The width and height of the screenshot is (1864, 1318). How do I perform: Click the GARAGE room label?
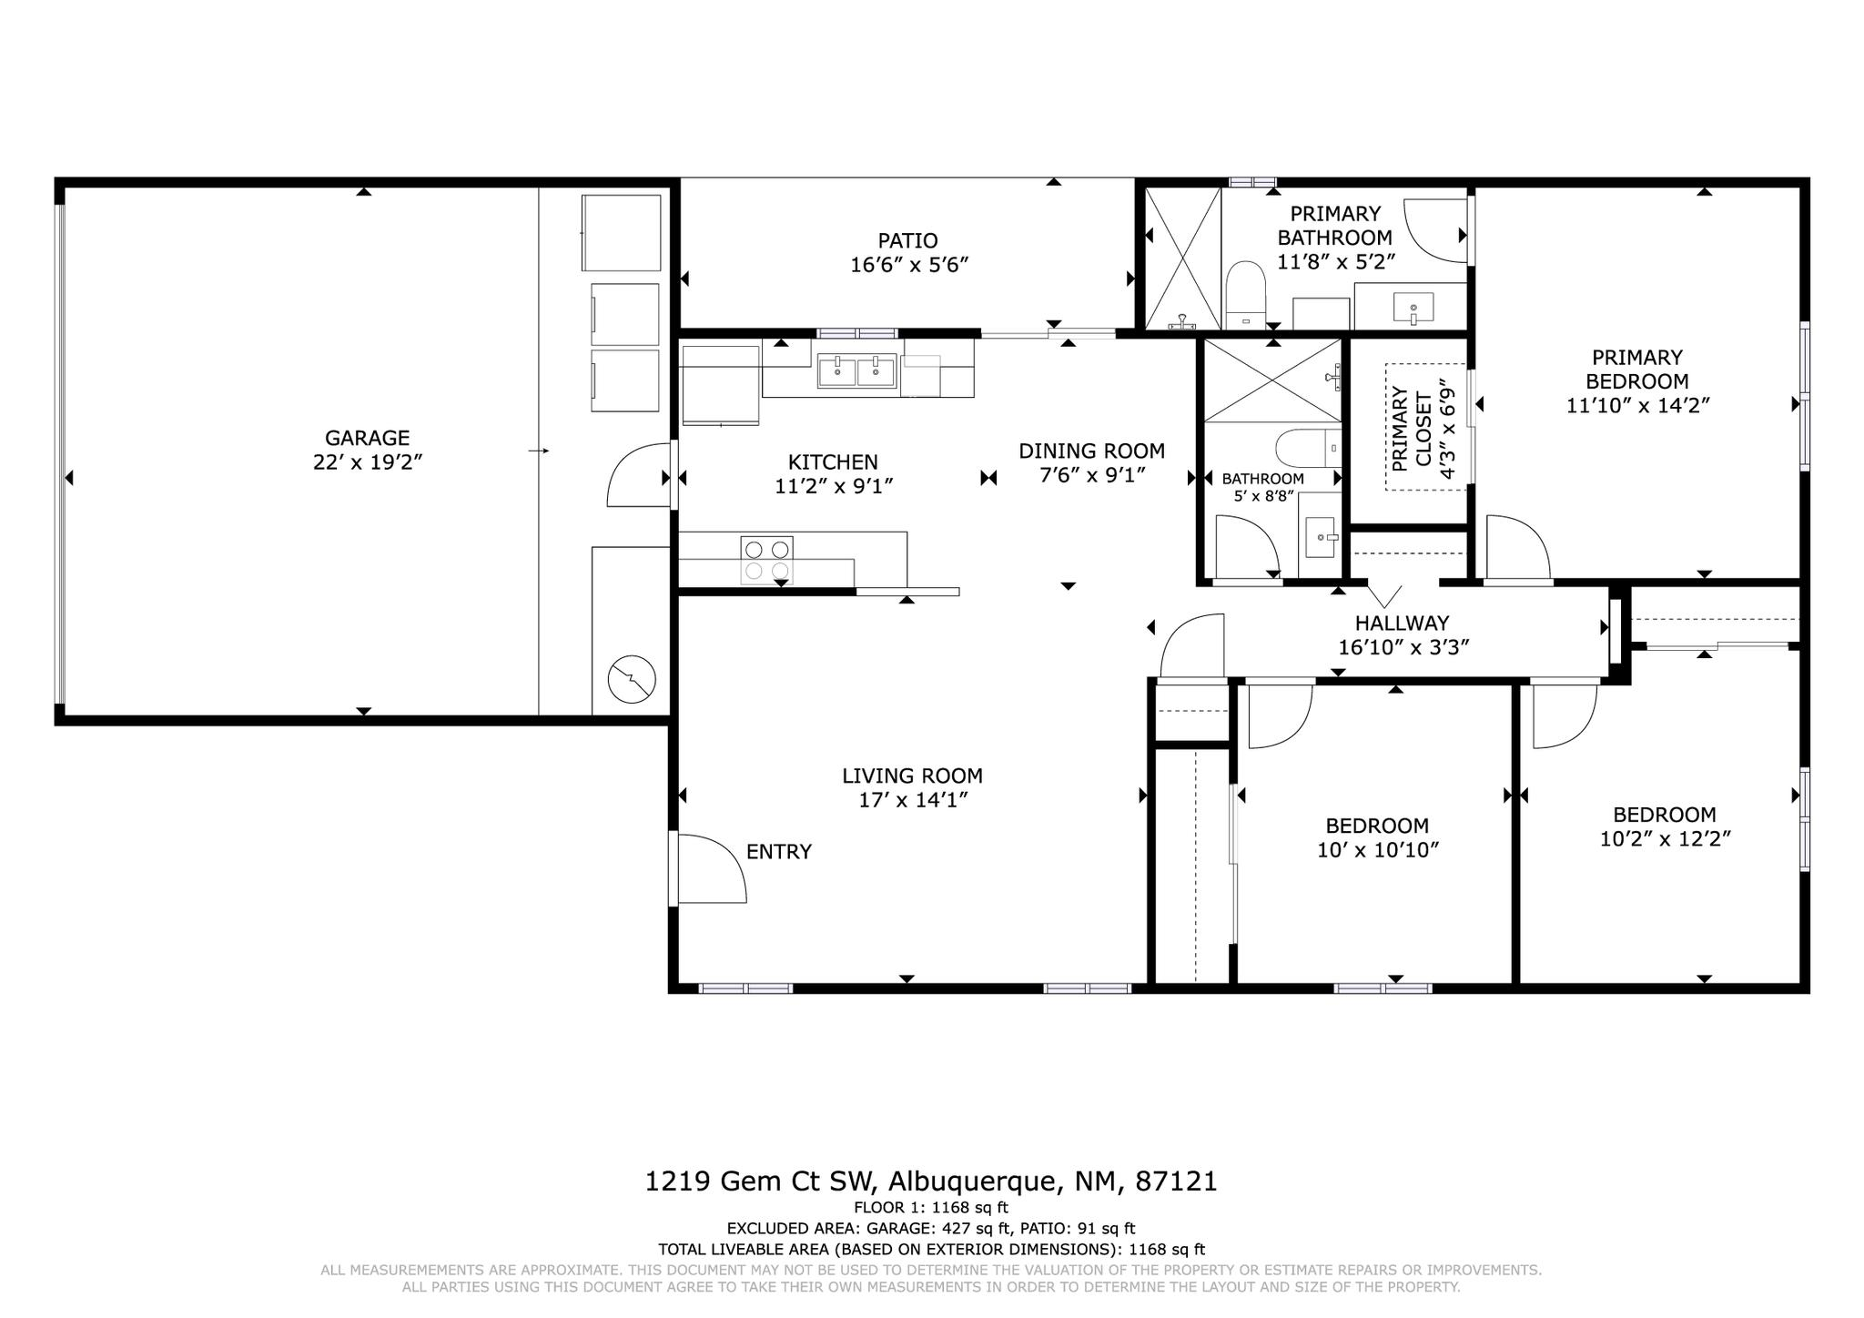(367, 438)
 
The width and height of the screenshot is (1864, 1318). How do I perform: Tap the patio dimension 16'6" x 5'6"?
(907, 265)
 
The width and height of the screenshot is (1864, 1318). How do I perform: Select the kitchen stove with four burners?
(767, 560)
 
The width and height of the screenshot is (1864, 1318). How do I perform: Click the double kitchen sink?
(856, 370)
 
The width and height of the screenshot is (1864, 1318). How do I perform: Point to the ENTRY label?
(778, 852)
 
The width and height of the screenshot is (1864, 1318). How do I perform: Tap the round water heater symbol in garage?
(631, 679)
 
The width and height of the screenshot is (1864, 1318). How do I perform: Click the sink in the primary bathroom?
(1413, 308)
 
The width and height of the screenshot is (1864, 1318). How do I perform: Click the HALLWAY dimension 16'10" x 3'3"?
(1403, 647)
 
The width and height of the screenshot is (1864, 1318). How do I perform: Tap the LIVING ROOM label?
(912, 776)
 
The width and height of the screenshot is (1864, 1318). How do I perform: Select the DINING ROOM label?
(1091, 451)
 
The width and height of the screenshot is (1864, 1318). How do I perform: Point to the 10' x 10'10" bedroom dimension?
(1377, 850)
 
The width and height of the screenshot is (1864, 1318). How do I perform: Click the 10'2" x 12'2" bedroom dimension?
(1665, 839)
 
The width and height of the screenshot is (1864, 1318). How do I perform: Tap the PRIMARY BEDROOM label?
(1636, 370)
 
